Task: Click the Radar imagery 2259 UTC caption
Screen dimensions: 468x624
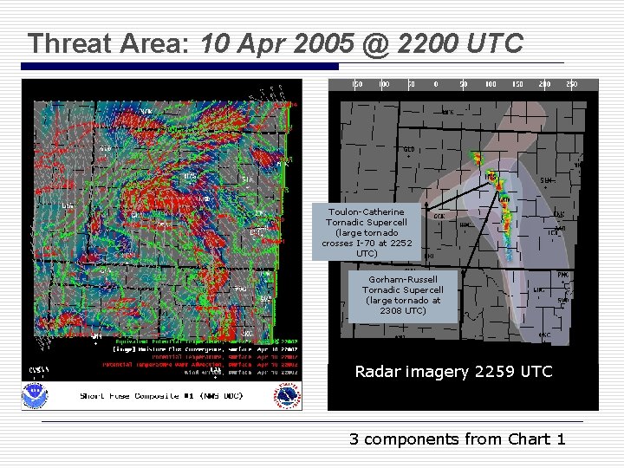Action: tap(453, 372)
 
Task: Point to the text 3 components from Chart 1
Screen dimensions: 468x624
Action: tap(457, 439)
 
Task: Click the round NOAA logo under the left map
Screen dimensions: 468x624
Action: tap(37, 394)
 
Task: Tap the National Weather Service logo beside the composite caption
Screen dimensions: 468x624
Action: tap(289, 395)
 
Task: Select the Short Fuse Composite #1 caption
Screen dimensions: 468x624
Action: tap(161, 395)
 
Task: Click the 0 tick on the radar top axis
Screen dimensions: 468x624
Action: tap(437, 84)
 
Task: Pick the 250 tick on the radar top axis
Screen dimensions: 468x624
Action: tap(571, 84)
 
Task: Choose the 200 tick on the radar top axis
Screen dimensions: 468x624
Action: tap(544, 84)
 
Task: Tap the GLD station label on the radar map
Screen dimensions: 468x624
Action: tap(408, 149)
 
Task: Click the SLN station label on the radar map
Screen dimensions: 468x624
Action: tap(546, 180)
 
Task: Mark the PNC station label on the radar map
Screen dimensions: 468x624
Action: tap(563, 275)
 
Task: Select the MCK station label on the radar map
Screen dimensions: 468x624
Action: tap(448, 112)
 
